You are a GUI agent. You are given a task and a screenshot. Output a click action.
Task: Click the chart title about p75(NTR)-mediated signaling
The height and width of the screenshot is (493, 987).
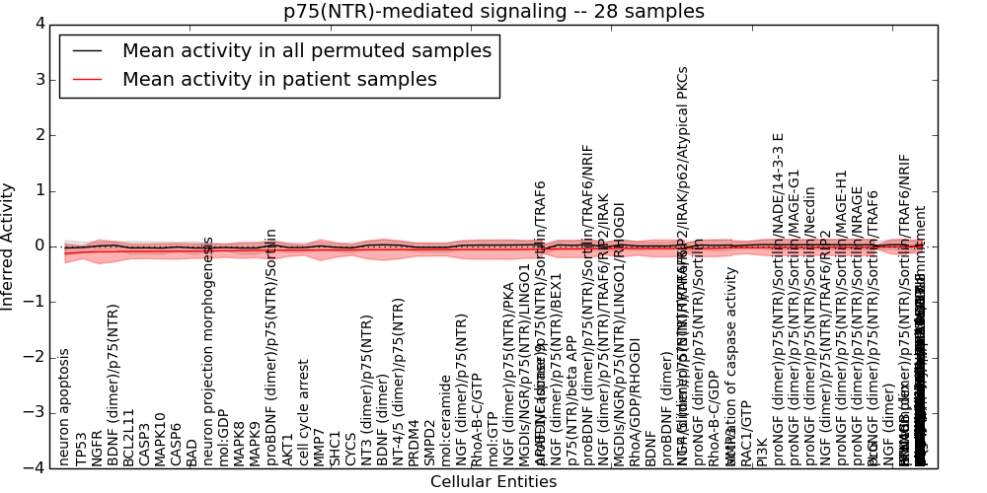[x=493, y=11]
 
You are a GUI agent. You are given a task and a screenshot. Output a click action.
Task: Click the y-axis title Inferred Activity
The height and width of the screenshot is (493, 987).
[x=9, y=246]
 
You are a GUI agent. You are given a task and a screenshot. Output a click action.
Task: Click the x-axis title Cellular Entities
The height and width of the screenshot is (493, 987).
[x=493, y=482]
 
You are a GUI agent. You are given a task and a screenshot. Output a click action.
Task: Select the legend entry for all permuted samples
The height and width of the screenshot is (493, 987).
[x=306, y=50]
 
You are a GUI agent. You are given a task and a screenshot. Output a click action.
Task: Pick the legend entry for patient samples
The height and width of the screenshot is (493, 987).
[x=279, y=80]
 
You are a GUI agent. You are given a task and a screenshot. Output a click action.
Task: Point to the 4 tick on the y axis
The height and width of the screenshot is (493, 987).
[x=43, y=24]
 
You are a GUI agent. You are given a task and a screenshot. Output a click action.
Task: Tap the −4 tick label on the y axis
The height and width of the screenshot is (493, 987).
[x=39, y=467]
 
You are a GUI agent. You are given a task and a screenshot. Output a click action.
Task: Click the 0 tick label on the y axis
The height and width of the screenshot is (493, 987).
[x=43, y=246]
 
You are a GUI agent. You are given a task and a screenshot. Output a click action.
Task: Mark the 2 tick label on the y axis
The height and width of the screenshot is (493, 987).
[x=43, y=135]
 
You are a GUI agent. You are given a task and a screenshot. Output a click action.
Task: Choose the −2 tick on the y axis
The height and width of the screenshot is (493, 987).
[x=39, y=357]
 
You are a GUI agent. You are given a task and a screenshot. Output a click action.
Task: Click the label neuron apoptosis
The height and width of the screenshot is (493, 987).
[x=65, y=406]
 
